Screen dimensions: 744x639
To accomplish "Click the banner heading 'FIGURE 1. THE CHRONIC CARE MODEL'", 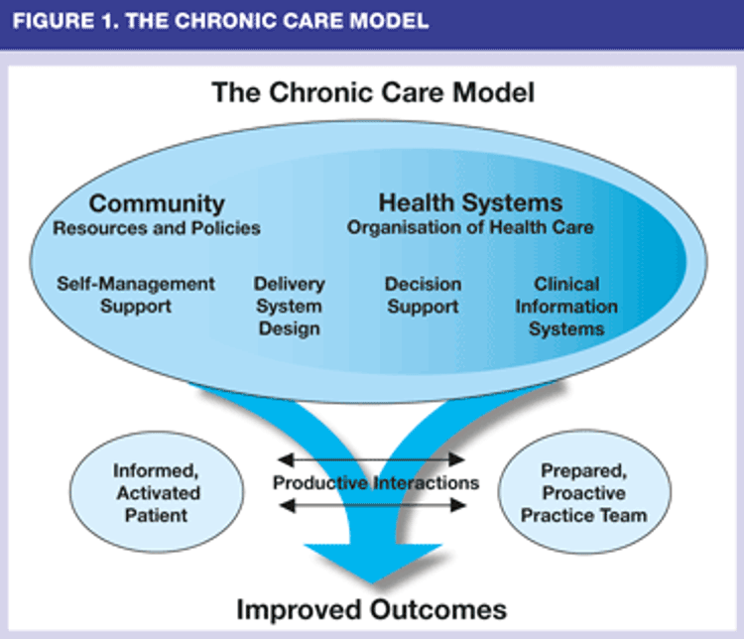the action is [x=220, y=21].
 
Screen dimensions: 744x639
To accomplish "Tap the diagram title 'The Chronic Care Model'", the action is [x=373, y=92].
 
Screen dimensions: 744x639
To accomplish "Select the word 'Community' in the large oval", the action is [x=157, y=204].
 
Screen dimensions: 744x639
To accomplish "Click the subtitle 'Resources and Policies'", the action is [x=157, y=228].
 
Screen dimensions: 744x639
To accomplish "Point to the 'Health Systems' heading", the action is [x=470, y=203].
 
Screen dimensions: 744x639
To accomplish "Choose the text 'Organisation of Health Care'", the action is [x=470, y=227].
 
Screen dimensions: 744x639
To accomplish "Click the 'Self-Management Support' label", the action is [x=136, y=295].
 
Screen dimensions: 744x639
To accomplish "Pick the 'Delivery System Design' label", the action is [x=289, y=307].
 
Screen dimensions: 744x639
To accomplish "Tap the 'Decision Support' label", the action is [x=423, y=296].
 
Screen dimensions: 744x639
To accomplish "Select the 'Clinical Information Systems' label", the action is [x=566, y=307].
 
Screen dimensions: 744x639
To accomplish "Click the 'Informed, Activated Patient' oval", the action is [x=157, y=492].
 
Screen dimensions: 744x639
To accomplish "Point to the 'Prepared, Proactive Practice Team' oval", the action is [x=584, y=492].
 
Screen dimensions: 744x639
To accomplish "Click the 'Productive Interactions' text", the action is [x=376, y=483].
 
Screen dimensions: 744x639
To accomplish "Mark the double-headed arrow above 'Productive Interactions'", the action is [x=371, y=459].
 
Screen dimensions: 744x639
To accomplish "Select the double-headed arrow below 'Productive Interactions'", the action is [x=372, y=505].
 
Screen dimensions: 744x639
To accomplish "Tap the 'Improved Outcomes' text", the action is [x=372, y=609].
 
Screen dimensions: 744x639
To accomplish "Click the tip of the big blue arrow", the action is [x=373, y=583].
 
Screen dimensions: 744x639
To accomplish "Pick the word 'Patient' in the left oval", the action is [x=156, y=515].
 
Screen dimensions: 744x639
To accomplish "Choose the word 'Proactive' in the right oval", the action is [x=584, y=493].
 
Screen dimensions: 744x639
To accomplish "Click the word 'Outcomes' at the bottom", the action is [x=438, y=609].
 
